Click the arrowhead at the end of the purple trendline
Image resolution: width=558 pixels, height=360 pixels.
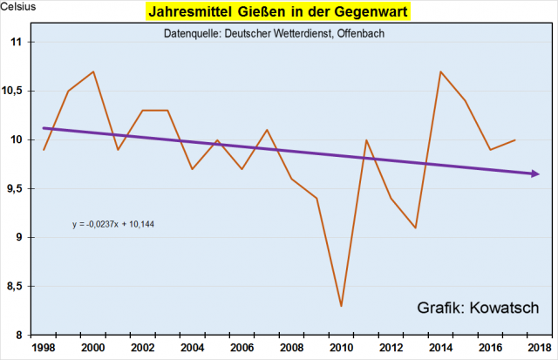coord(534,173)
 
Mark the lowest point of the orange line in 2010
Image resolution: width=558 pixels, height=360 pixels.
coord(341,306)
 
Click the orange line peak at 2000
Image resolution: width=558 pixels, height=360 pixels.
coord(93,71)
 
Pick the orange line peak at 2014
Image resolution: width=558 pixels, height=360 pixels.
coord(440,71)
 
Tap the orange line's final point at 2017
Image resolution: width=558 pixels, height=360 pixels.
coord(514,139)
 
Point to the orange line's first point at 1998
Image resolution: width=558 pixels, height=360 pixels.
coord(44,150)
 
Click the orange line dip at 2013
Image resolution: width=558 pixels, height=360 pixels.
coord(416,228)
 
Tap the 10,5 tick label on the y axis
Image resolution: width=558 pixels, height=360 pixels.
coord(19,92)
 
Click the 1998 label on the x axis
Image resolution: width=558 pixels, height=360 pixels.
coord(44,347)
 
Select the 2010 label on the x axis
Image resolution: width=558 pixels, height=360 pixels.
coord(341,347)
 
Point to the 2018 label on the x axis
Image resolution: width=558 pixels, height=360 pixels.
coord(540,347)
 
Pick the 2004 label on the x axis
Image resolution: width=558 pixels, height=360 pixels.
coord(193,347)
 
